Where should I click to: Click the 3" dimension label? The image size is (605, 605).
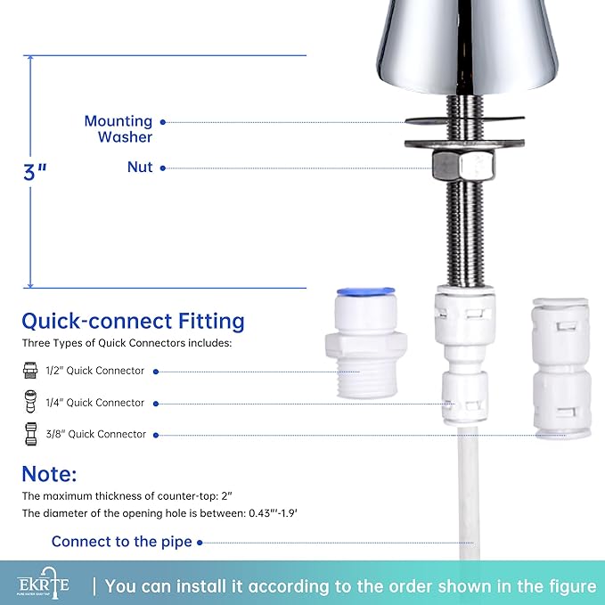point(35,172)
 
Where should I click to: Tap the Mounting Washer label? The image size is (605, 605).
point(119,129)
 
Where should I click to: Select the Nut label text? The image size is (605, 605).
point(140,168)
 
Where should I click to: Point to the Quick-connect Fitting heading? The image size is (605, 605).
point(133,321)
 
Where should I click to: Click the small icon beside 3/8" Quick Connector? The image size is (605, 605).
point(29,434)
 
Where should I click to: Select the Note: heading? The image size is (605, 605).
point(50,473)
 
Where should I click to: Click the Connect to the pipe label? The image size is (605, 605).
point(121,542)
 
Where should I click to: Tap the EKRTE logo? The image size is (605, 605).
point(43,585)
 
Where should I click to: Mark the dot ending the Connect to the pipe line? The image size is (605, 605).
point(200,542)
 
